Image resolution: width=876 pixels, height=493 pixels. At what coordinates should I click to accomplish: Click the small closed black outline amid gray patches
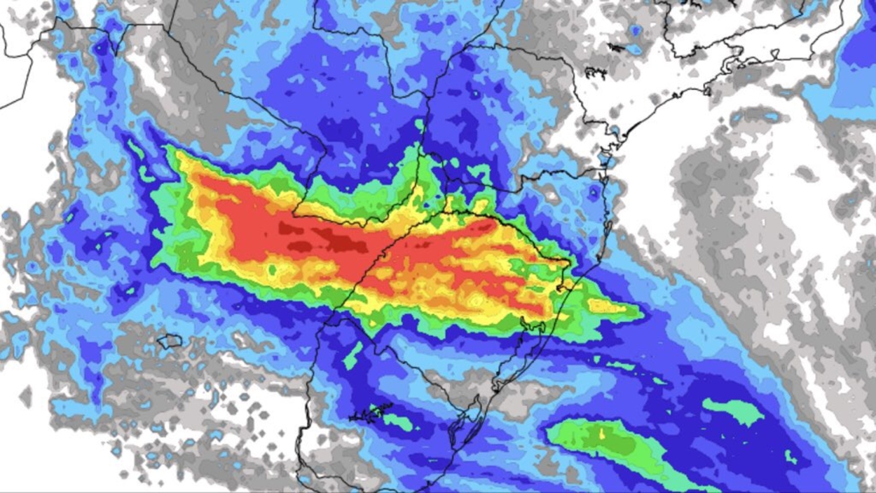[170, 342]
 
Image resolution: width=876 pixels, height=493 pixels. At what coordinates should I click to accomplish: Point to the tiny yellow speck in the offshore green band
[602, 433]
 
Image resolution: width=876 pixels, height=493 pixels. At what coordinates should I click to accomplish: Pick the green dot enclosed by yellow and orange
[272, 269]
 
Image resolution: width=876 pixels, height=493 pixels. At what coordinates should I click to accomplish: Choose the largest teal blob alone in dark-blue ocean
[732, 411]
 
